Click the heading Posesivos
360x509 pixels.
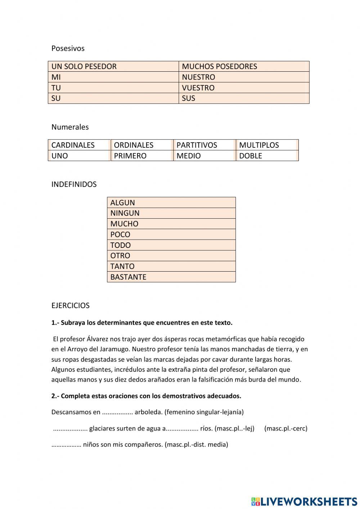click(68, 48)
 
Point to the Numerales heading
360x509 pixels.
click(70, 127)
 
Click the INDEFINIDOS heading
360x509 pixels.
click(74, 184)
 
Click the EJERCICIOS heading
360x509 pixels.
click(70, 305)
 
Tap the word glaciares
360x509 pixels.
click(104, 429)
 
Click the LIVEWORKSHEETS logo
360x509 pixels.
click(304, 501)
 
